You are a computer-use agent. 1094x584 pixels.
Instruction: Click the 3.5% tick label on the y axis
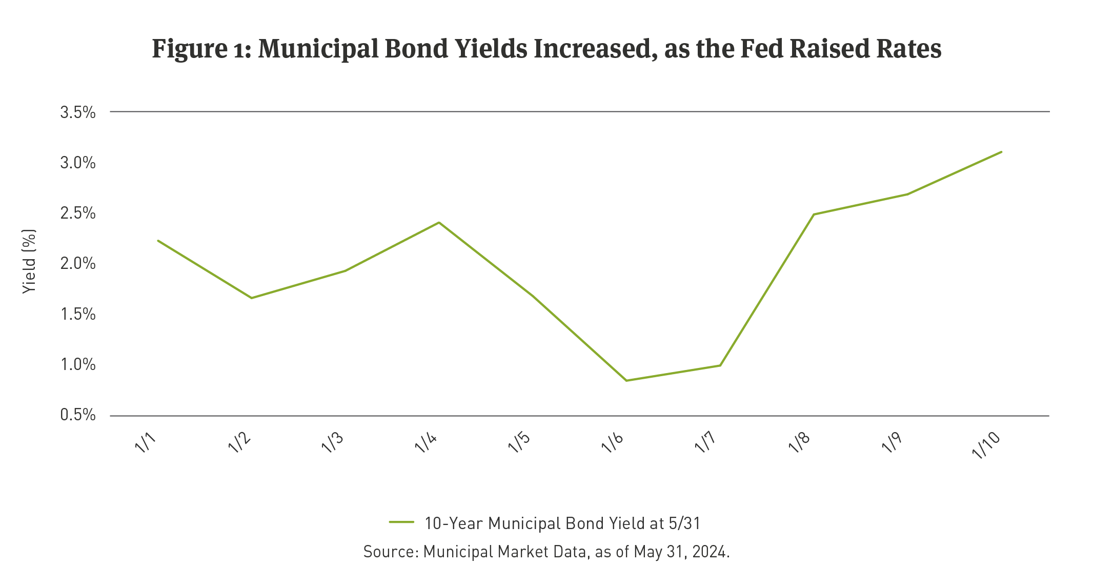(x=78, y=113)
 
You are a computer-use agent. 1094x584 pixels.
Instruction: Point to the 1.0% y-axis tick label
(x=78, y=365)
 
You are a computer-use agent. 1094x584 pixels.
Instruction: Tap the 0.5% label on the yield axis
(x=78, y=415)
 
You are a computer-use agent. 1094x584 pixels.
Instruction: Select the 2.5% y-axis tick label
(x=78, y=213)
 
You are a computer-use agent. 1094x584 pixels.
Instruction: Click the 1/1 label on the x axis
(x=146, y=442)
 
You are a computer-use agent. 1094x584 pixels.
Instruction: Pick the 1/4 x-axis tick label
(x=426, y=442)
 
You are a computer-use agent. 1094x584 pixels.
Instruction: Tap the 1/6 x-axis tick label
(x=613, y=442)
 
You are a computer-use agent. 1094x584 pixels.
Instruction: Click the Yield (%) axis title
(x=29, y=262)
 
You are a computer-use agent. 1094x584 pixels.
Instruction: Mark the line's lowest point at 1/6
(x=626, y=380)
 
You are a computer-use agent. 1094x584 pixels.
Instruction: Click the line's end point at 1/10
(x=1001, y=152)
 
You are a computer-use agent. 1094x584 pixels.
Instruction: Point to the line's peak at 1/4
(x=439, y=222)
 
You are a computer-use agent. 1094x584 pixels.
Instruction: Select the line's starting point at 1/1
(x=158, y=240)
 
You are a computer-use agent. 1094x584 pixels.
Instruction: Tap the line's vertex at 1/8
(x=814, y=214)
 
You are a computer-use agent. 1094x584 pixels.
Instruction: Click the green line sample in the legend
(x=401, y=522)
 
